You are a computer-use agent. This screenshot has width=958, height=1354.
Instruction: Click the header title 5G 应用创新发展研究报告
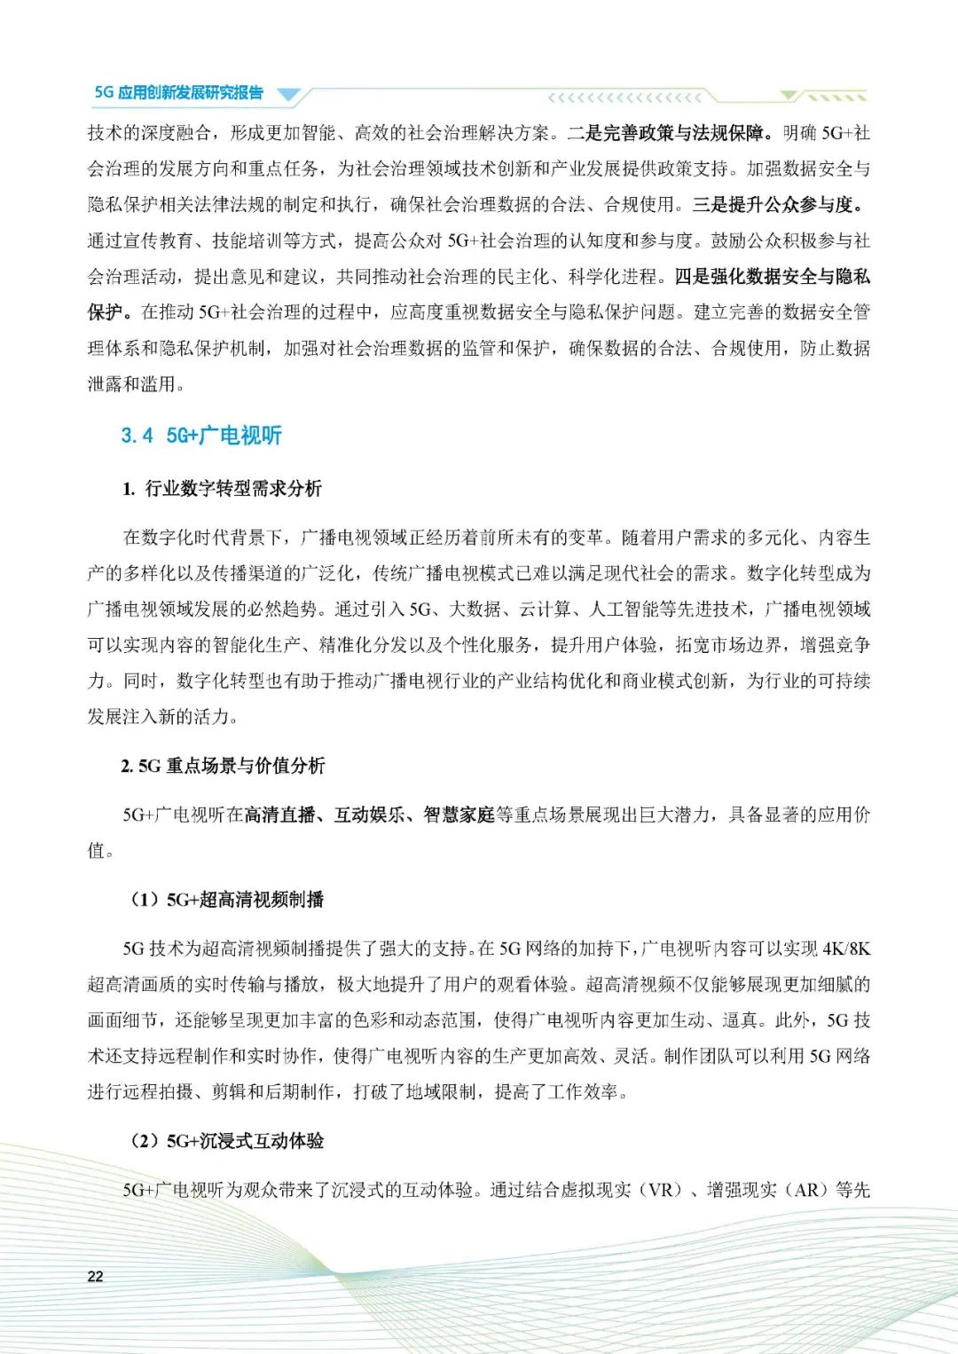point(178,92)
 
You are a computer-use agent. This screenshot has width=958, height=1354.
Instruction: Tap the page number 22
point(95,1276)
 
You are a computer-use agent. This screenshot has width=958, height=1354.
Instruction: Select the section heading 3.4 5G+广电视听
point(201,436)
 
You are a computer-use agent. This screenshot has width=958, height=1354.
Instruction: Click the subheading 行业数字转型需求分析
point(233,489)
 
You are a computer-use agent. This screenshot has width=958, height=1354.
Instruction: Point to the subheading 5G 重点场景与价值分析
point(232,766)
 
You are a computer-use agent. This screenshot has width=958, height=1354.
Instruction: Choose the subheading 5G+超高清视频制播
point(261,900)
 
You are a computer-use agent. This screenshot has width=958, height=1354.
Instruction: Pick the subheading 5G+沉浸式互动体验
point(261,1141)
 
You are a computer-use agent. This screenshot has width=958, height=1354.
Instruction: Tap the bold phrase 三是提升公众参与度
point(776,205)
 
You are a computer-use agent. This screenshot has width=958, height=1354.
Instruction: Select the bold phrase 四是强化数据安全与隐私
point(772,277)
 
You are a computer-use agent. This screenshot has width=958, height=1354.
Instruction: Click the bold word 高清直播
point(280,815)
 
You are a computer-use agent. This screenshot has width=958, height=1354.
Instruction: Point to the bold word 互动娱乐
point(370,815)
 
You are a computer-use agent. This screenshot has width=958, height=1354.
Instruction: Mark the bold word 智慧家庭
point(459,815)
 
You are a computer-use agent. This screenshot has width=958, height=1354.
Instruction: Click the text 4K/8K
point(846,949)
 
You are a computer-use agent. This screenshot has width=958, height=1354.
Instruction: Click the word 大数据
point(476,610)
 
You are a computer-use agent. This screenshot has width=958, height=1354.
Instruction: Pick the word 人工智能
point(625,610)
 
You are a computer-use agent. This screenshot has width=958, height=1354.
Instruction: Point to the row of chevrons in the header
point(624,98)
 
